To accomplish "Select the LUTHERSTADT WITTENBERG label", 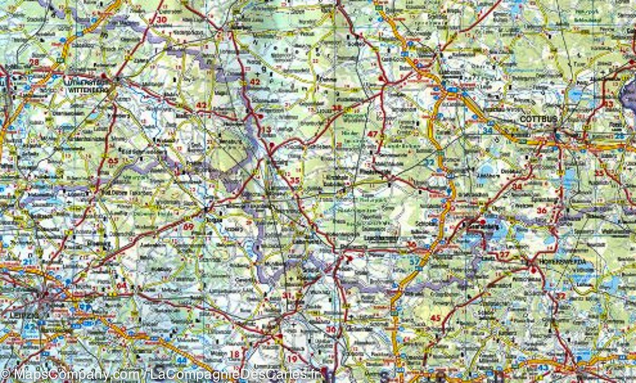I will [x=85, y=86].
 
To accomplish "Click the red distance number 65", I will [x=113, y=160].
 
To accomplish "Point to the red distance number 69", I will [x=188, y=227].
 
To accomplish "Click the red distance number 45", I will [x=436, y=318].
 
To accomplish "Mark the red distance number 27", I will [x=505, y=256].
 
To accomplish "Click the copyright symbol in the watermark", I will [x=6, y=374].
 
